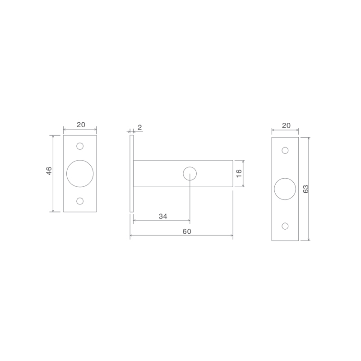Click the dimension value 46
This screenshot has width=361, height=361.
49,171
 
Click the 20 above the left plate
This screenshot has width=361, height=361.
81,125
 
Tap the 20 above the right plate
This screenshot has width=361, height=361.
286,125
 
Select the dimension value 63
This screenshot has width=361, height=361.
305,189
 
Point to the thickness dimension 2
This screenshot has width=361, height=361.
140,127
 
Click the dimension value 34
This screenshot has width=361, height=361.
163,216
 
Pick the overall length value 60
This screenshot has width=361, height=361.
187,231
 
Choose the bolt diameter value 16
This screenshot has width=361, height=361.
239,173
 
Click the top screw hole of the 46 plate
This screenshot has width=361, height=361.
80,146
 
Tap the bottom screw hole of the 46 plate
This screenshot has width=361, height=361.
80,201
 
